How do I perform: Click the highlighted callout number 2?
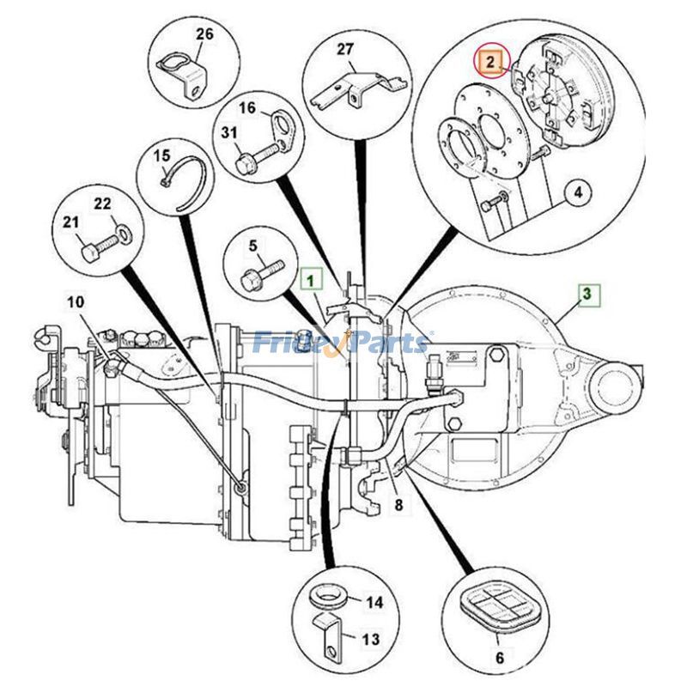point(489,62)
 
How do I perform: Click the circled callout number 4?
point(578,192)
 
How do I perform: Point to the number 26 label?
point(204,35)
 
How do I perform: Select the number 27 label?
point(344,50)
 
